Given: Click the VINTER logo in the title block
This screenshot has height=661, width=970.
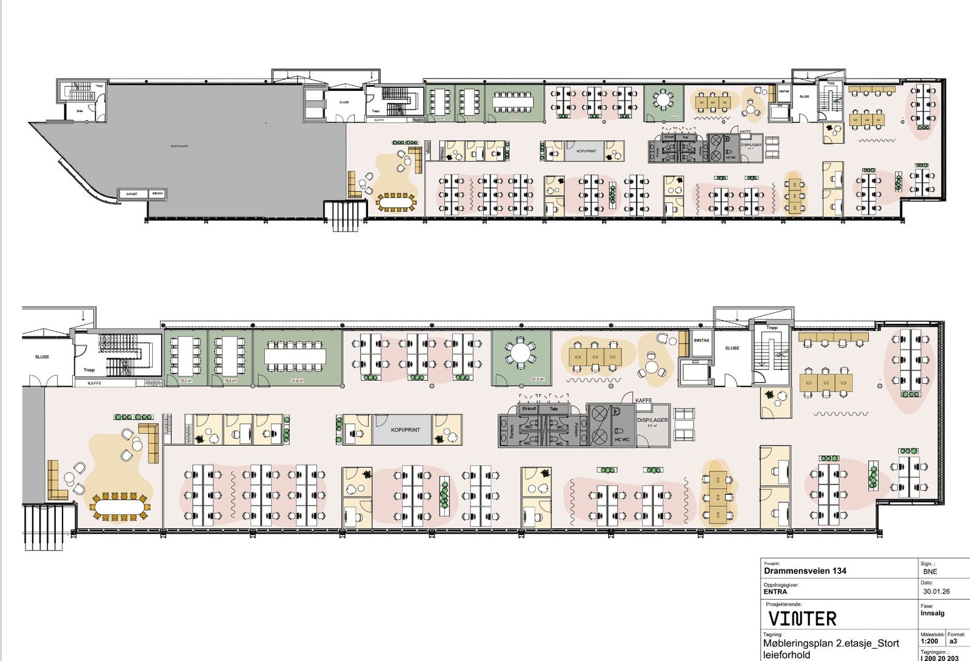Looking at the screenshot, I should click(802, 619).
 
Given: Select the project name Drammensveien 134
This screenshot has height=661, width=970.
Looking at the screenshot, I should click(805, 571).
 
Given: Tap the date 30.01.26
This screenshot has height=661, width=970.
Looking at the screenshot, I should click(936, 591).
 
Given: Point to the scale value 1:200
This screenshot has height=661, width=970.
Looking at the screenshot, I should click(929, 641).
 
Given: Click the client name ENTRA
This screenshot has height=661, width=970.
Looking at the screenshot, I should click(775, 592).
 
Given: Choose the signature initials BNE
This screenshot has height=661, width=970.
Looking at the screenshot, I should click(930, 571).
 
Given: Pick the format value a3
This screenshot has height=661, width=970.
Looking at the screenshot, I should click(953, 641).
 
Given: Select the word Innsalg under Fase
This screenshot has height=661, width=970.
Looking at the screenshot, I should click(932, 613).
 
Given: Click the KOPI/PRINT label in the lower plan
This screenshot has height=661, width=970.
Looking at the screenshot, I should click(405, 430).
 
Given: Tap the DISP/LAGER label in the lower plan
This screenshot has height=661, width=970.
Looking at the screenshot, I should click(652, 420).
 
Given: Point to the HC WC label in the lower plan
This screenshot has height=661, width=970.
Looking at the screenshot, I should click(622, 440).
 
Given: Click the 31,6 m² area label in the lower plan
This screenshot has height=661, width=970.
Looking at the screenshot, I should click(297, 381).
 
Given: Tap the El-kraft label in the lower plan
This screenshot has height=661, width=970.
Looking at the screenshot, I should click(529, 409).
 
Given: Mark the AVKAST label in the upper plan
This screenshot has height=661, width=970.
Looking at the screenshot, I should click(132, 194).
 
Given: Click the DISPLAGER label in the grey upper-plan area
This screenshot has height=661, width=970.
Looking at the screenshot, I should click(179, 146).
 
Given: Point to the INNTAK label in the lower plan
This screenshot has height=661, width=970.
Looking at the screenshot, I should click(701, 341).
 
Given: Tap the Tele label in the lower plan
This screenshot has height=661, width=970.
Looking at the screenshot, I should click(554, 409).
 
